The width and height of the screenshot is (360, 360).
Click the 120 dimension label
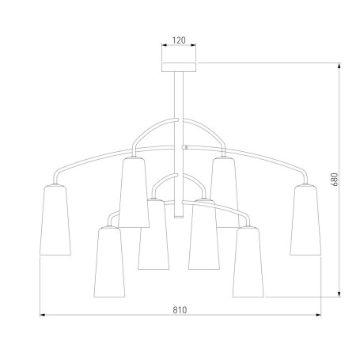click(x=179, y=40)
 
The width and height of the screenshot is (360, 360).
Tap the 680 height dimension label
click(x=335, y=180)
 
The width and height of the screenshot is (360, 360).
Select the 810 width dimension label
click(x=180, y=310)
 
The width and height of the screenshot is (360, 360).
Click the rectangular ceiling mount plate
click(x=179, y=67)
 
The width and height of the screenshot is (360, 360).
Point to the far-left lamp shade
click(x=55, y=220)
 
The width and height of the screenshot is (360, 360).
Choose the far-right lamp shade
click(x=305, y=220)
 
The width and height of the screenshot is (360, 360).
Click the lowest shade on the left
click(x=109, y=262)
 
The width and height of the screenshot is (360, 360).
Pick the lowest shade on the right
click(x=248, y=262)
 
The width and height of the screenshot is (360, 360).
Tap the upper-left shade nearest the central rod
click(x=134, y=192)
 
